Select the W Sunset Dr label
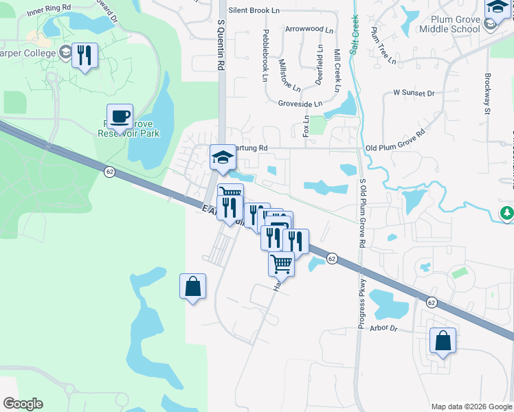(414, 93)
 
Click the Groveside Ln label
(300, 104)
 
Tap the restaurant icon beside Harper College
(85, 55)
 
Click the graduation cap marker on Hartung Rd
(223, 158)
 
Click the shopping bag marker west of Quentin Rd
(193, 286)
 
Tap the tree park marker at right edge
(507, 214)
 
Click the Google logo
(23, 404)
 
